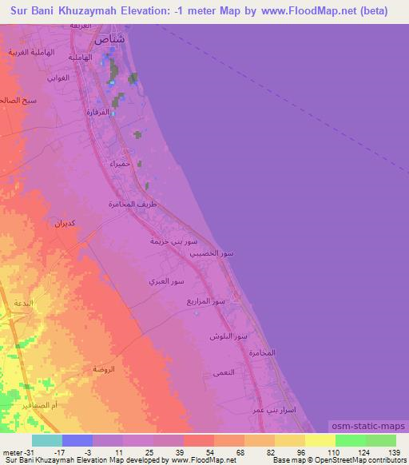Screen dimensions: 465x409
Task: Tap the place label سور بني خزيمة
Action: coord(173,240)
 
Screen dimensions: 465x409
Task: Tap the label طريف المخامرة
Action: coord(133,205)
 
